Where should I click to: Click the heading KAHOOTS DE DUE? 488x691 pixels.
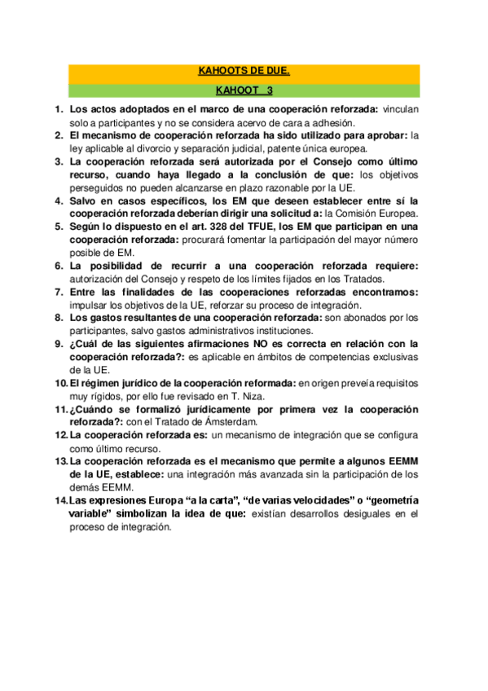click(244, 72)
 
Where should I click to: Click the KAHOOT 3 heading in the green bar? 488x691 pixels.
click(244, 90)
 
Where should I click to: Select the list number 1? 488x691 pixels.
click(59, 108)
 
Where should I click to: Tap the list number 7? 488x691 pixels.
click(59, 292)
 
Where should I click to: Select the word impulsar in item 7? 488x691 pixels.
click(88, 305)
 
